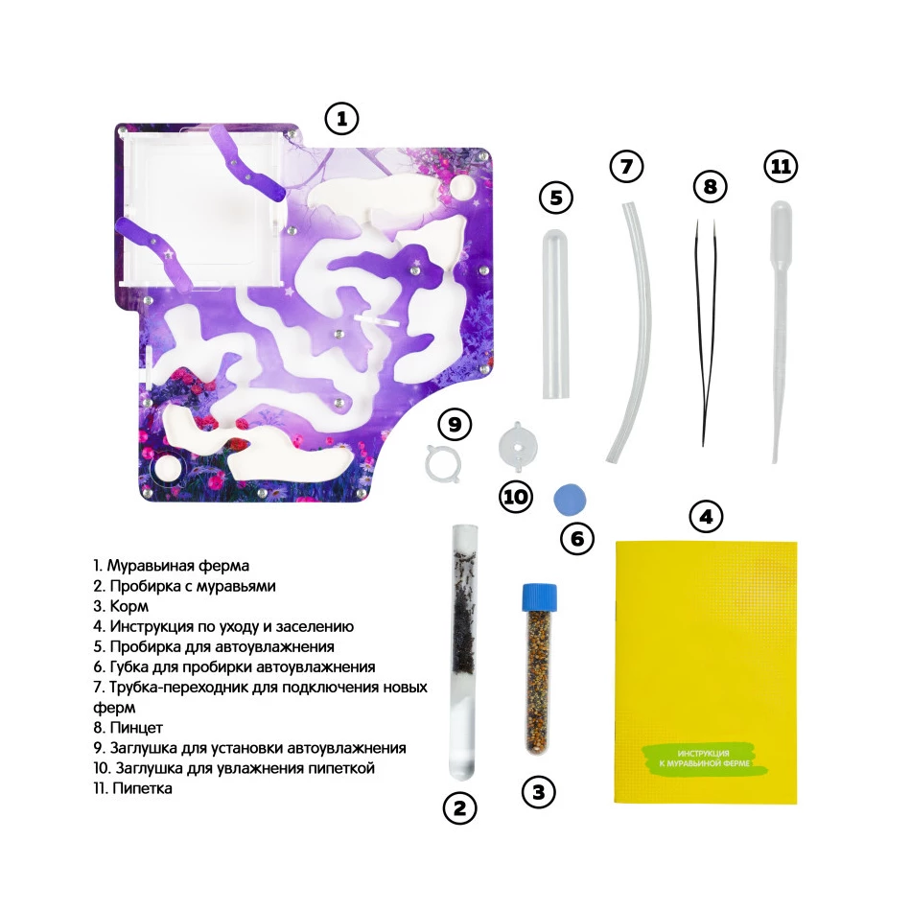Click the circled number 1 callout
tap(341, 119)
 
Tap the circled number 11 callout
tap(781, 167)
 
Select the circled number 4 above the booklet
tap(706, 517)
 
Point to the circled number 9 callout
tap(455, 425)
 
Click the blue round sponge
tap(570, 500)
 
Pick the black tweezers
tap(706, 332)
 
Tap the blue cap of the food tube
tap(540, 597)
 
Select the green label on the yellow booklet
tap(705, 759)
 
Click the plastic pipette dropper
tap(779, 331)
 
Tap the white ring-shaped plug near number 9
tap(443, 463)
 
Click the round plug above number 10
tap(518, 447)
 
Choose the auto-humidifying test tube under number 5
tap(556, 314)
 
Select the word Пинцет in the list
tap(136, 728)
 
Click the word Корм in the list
tap(129, 607)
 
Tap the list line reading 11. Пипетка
tap(132, 788)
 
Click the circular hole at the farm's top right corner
tap(462, 187)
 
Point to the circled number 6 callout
tap(577, 539)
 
